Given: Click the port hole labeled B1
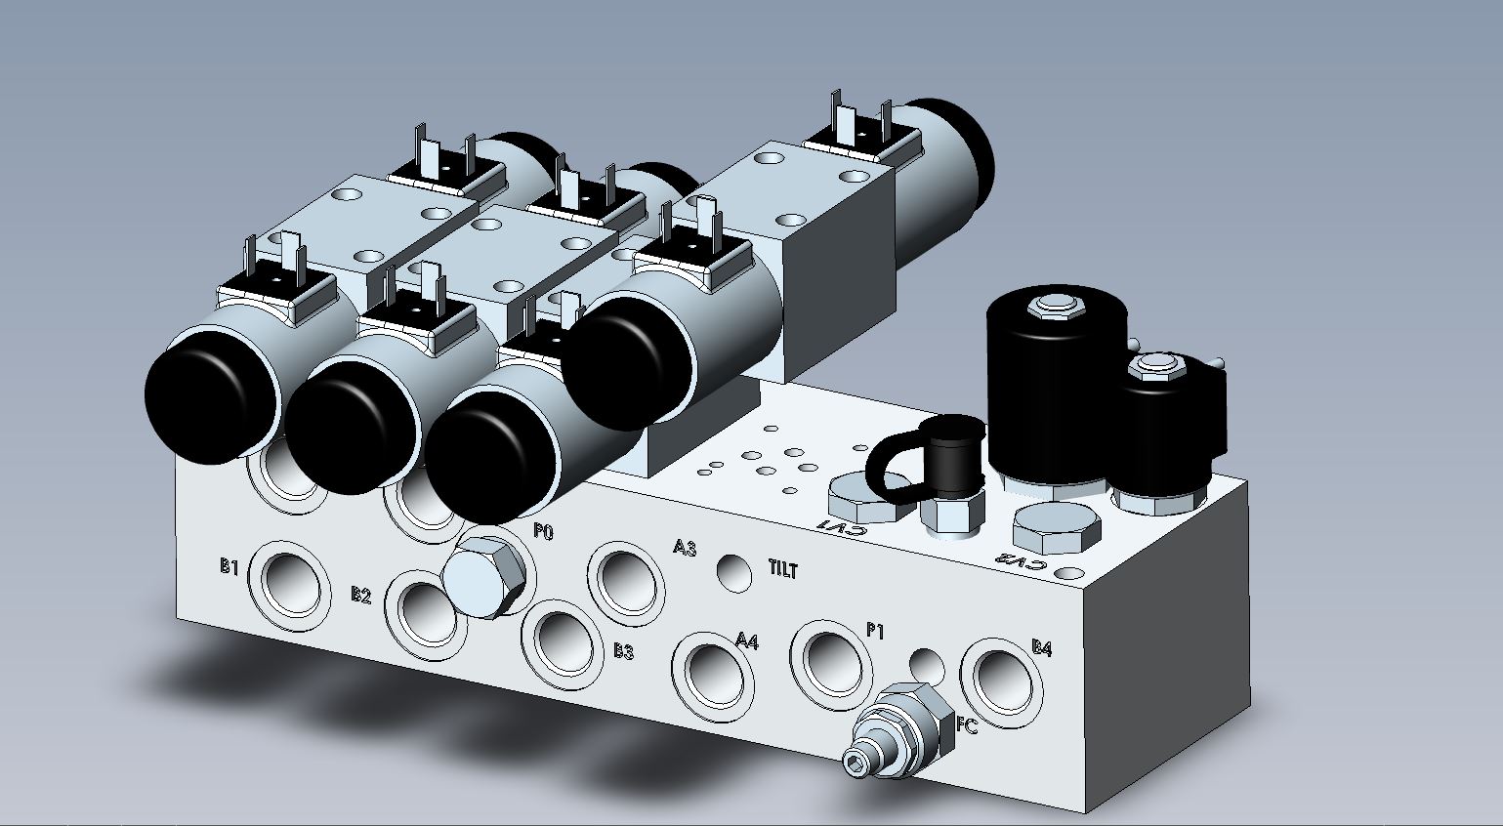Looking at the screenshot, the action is click(289, 586).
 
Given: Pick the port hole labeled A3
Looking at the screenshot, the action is click(626, 584).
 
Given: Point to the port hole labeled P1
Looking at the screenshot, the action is click(831, 664).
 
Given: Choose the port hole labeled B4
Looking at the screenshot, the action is click(1002, 682).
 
